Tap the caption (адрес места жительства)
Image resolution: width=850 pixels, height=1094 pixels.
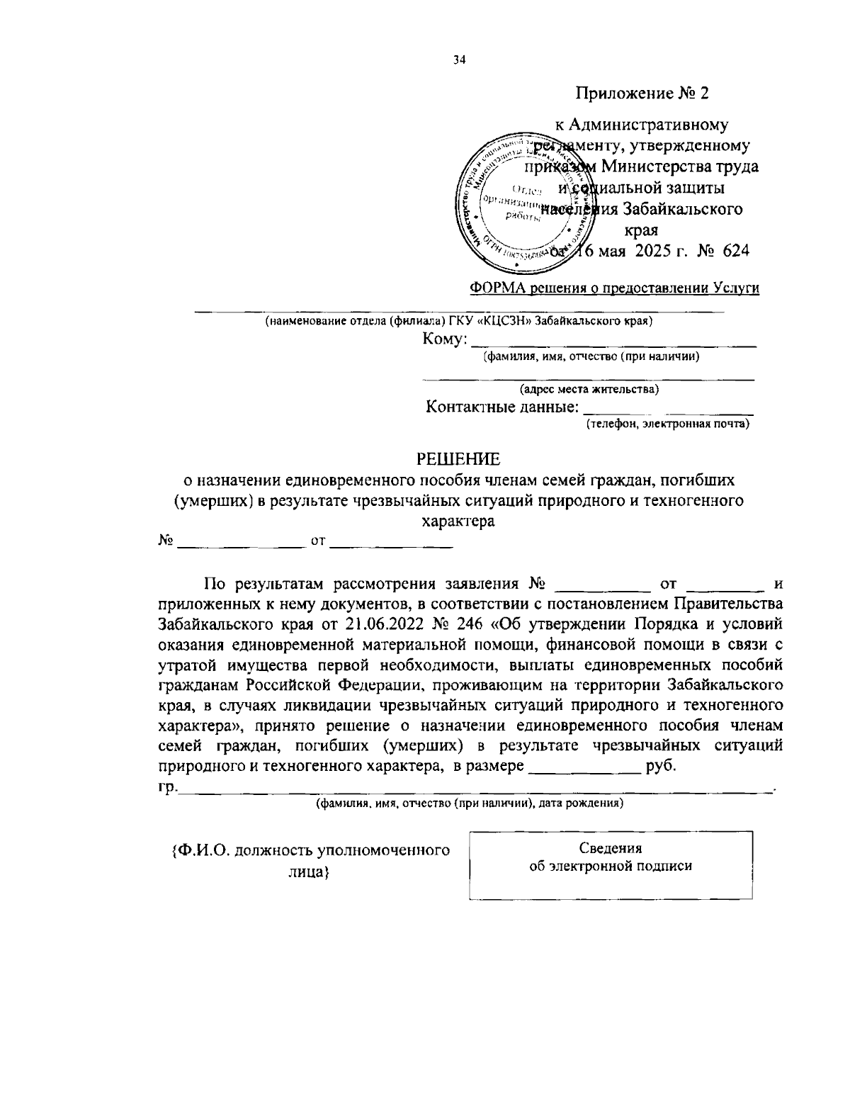tap(589, 389)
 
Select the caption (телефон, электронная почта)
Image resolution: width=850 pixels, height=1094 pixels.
tap(667, 424)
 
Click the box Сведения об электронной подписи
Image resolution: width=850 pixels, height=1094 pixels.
tap(611, 865)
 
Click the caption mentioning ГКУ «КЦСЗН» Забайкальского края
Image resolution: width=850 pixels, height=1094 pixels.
tap(459, 321)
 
